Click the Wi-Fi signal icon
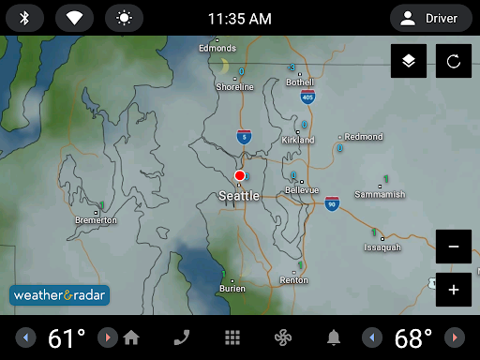pyautogui.click(x=74, y=18)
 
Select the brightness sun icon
pyautogui.click(x=124, y=18)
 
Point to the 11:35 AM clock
pyautogui.click(x=239, y=19)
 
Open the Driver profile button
pyautogui.click(x=430, y=18)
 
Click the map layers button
pyautogui.click(x=409, y=61)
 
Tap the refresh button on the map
pyautogui.click(x=454, y=61)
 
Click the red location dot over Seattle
pyautogui.click(x=240, y=175)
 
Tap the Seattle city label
pyautogui.click(x=239, y=196)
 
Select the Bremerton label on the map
pyautogui.click(x=97, y=220)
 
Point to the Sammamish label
pyautogui.click(x=380, y=194)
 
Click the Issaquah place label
pyautogui.click(x=382, y=247)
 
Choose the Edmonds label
pyautogui.click(x=217, y=48)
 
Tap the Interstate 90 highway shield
pyautogui.click(x=332, y=202)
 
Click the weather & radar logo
pyautogui.click(x=60, y=294)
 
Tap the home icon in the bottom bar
pyautogui.click(x=131, y=337)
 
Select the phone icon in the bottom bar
pyautogui.click(x=182, y=337)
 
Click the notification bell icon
pyautogui.click(x=333, y=337)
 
